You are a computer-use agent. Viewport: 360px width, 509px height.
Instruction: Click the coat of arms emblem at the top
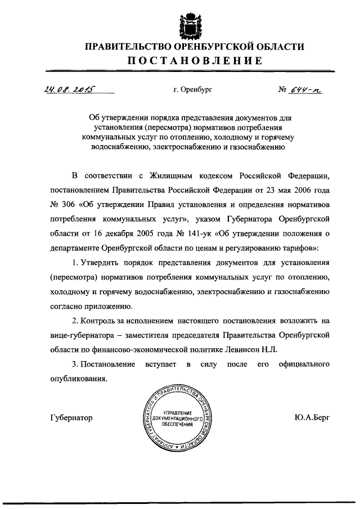tap(190, 21)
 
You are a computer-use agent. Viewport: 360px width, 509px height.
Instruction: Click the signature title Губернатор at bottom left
tap(71, 417)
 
